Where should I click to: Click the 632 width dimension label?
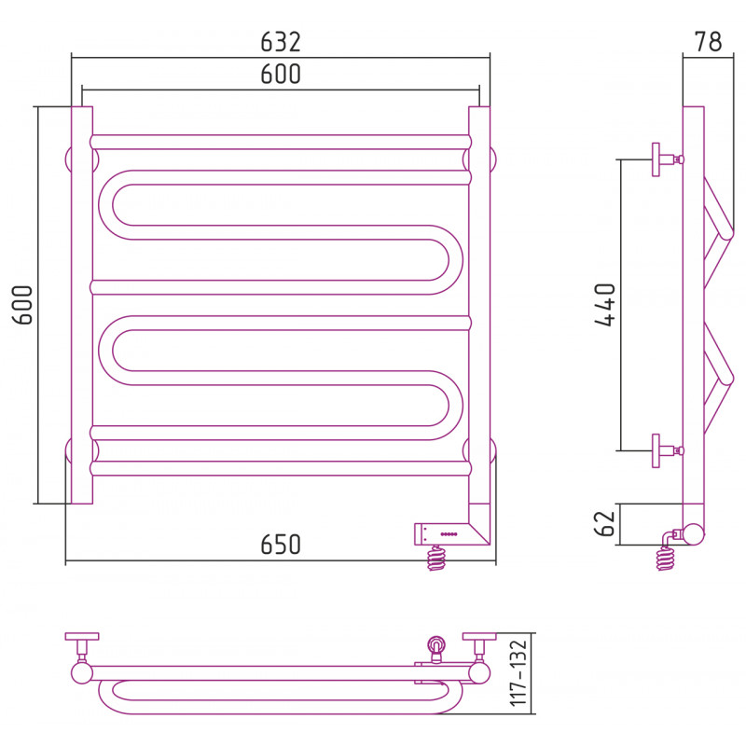(x=281, y=42)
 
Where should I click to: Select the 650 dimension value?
(x=281, y=545)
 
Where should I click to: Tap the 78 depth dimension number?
(x=708, y=42)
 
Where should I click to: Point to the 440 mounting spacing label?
(x=605, y=305)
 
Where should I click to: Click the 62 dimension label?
(x=605, y=524)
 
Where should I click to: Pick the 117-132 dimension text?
(x=518, y=673)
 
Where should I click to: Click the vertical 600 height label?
(x=21, y=305)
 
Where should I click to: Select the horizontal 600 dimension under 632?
(x=281, y=75)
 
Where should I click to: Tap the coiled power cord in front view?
(x=436, y=558)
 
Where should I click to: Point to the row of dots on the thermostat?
(x=449, y=534)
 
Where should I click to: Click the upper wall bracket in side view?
(x=668, y=159)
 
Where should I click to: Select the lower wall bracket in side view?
(x=668, y=450)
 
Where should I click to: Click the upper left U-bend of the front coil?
(x=112, y=205)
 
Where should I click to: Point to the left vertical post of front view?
(x=82, y=305)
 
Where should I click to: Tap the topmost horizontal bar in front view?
(x=281, y=142)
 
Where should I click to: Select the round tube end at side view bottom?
(x=693, y=533)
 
